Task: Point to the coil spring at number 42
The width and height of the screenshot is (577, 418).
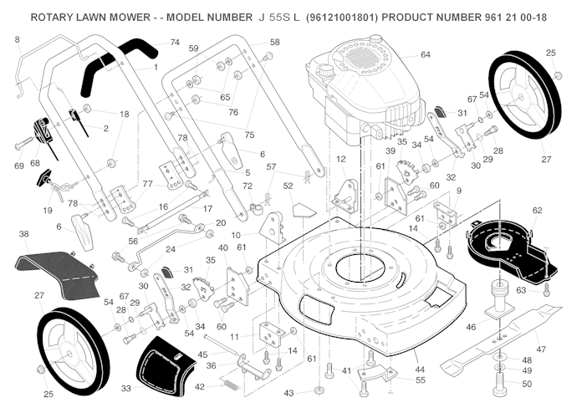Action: pyautogui.click(x=228, y=384)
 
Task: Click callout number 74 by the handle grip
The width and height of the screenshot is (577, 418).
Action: pyautogui.click(x=174, y=42)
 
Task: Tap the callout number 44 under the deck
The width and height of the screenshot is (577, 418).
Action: pyautogui.click(x=419, y=369)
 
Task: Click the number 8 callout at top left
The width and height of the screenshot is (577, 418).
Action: pyautogui.click(x=17, y=39)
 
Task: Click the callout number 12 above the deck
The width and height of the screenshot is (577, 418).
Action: pyautogui.click(x=340, y=159)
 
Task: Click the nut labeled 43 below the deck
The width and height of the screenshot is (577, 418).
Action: pyautogui.click(x=319, y=391)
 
